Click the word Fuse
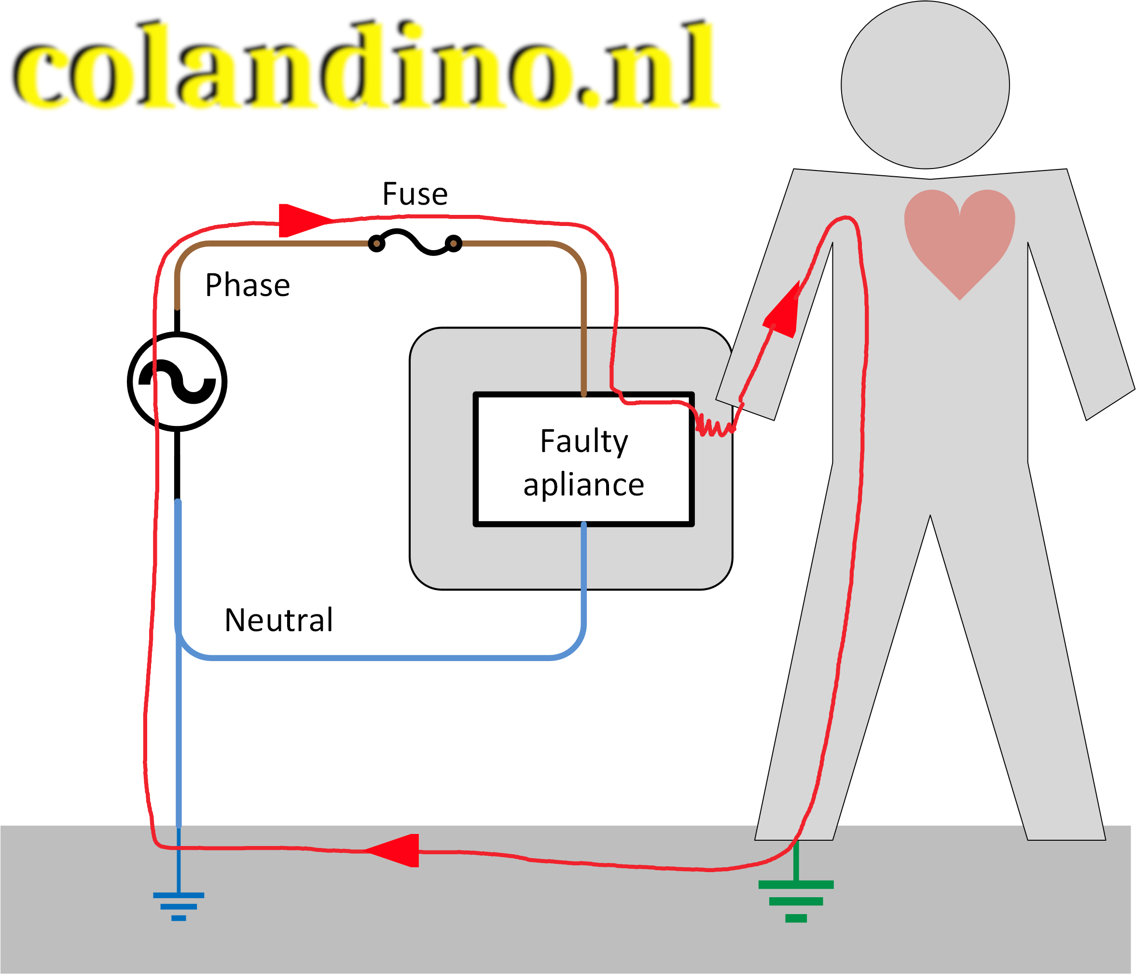coord(415,194)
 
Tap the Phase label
coord(247,285)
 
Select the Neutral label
coord(278,621)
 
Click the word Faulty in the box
coord(583,441)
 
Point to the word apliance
coord(583,485)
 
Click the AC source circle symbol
coord(177,381)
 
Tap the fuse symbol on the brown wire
coord(415,242)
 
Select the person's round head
coord(925,85)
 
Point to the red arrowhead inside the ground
coord(395,850)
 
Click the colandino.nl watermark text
coord(365,65)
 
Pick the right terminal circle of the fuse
coord(454,243)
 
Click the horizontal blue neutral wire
coord(378,657)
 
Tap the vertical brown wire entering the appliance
coord(583,329)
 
